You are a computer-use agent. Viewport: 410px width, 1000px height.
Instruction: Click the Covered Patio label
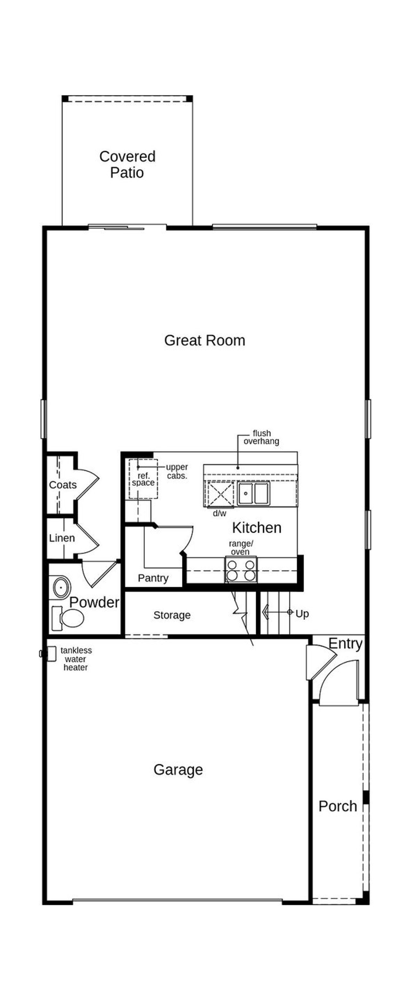click(x=127, y=164)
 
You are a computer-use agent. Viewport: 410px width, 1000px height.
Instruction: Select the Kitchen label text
click(x=257, y=528)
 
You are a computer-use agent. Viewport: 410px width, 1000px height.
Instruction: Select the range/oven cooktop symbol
click(x=241, y=570)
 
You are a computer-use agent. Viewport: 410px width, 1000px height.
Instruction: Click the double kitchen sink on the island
click(x=253, y=493)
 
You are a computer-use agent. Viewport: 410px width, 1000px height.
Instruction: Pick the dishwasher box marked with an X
click(x=220, y=493)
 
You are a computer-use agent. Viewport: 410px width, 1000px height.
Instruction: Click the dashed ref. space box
click(x=143, y=479)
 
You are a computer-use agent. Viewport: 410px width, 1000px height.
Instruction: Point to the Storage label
click(x=172, y=615)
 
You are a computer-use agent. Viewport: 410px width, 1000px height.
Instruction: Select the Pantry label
click(x=153, y=578)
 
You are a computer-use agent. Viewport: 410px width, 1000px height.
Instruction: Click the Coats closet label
click(x=62, y=485)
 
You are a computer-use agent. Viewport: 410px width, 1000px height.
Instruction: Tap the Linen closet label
click(x=62, y=538)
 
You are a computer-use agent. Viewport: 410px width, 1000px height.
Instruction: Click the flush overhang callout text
click(x=261, y=437)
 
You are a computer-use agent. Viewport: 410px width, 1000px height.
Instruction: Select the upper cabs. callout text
click(x=177, y=471)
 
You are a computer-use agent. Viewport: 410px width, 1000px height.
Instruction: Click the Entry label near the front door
click(x=345, y=644)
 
